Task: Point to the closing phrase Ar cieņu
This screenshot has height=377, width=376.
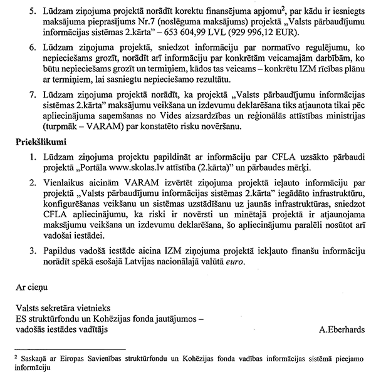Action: [x=32, y=288]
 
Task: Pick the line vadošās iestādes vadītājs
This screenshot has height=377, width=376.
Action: [x=61, y=329]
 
